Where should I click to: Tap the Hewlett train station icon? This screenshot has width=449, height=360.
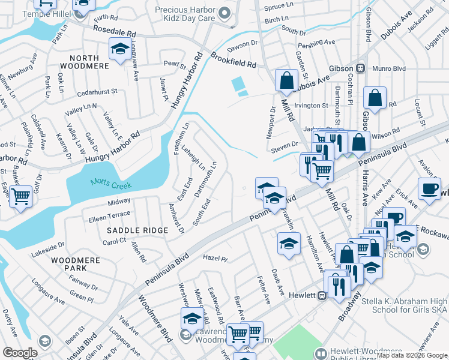(x=322, y=295)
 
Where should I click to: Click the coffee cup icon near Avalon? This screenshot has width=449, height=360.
(x=429, y=187)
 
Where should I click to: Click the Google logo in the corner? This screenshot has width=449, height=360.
(x=20, y=353)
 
